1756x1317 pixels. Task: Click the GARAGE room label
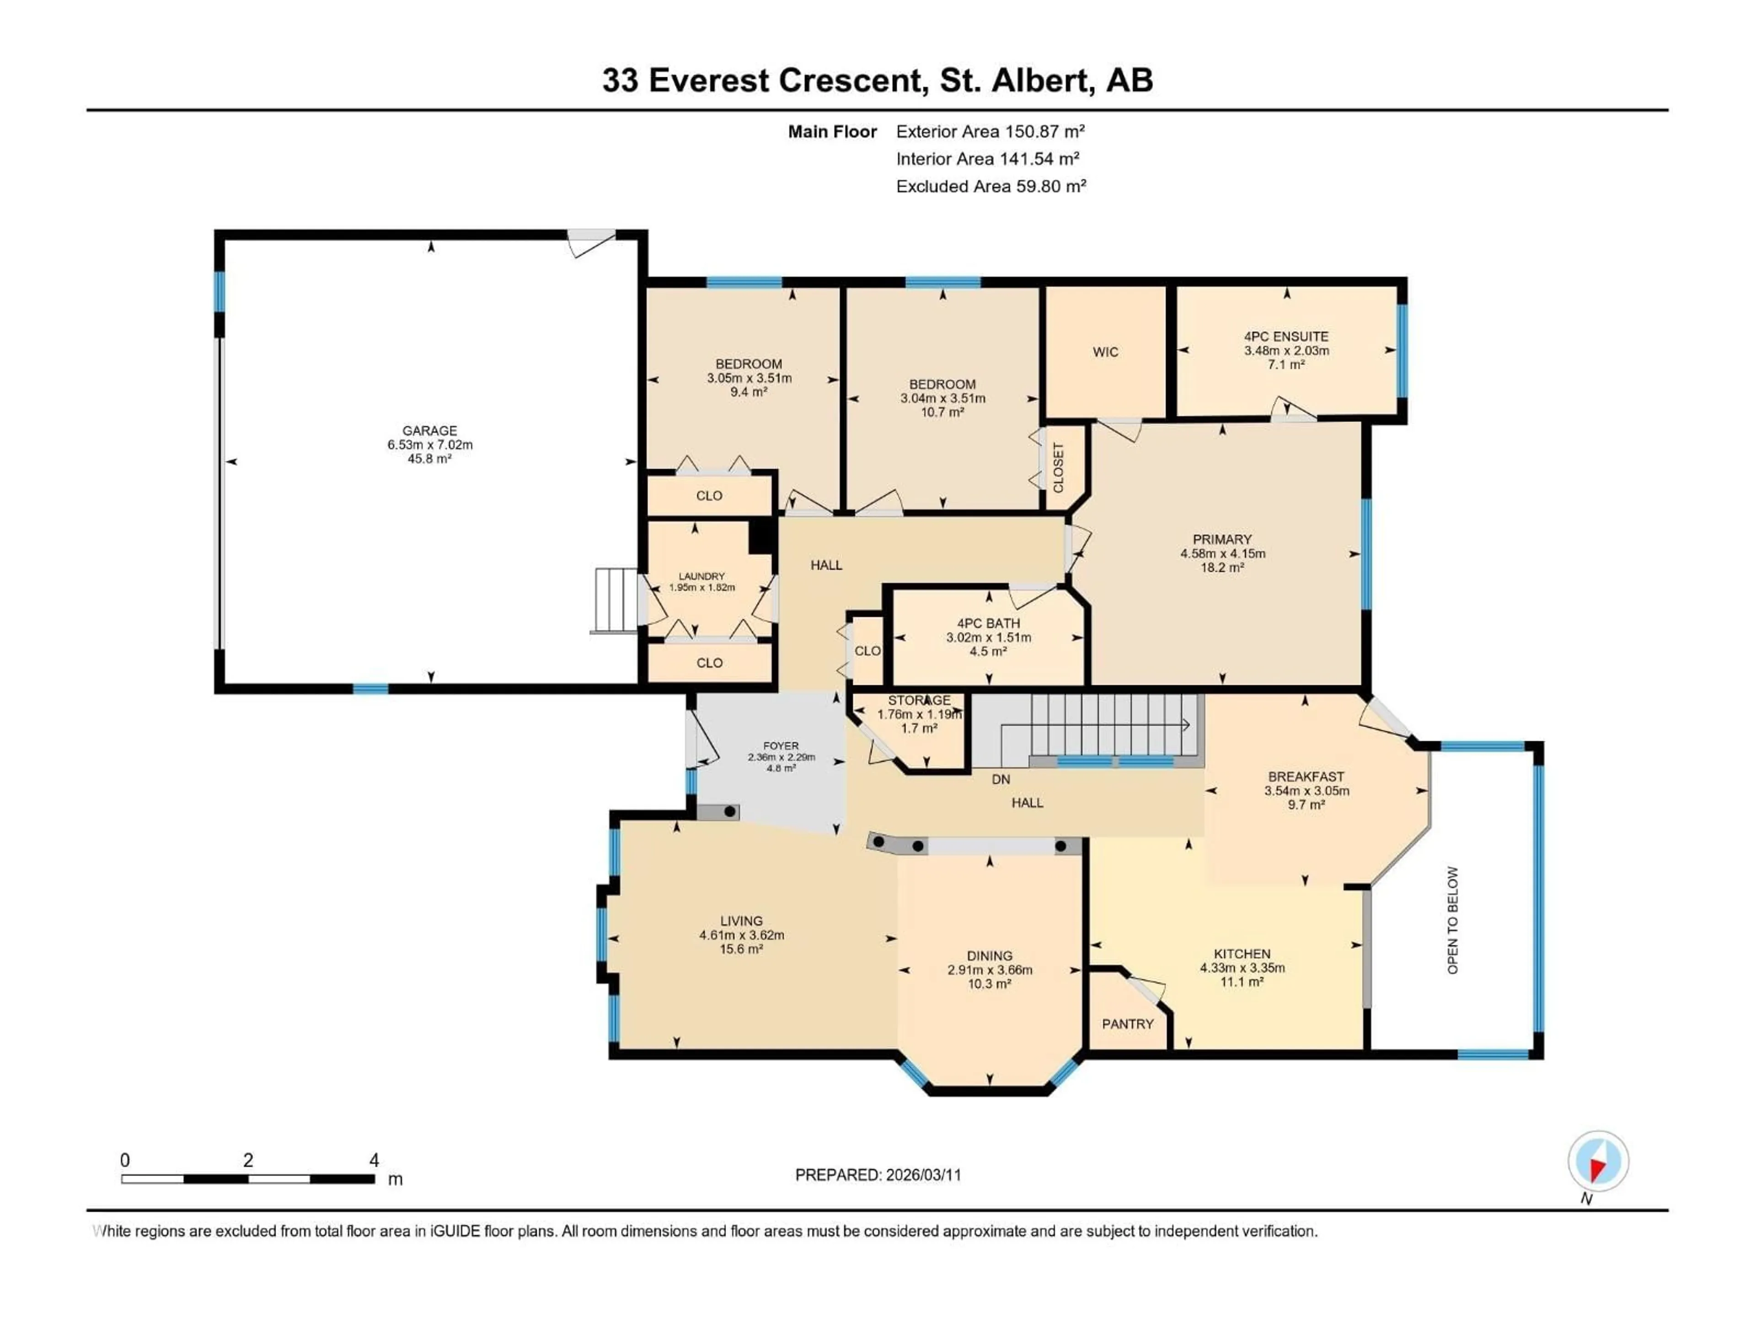click(x=429, y=430)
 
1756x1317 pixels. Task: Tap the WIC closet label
click(x=1105, y=352)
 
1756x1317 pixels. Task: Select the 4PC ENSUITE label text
click(x=1286, y=337)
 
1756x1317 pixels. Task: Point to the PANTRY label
click(x=1127, y=1024)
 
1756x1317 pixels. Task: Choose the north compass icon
click(x=1598, y=1162)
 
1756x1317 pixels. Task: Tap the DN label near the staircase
click(x=1001, y=780)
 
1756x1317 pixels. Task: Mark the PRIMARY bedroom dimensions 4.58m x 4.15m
click(x=1222, y=553)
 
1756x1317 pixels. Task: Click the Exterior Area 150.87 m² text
click(x=990, y=132)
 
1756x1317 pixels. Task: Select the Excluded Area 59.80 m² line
click(x=991, y=187)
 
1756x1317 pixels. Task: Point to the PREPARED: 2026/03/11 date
click(x=878, y=1175)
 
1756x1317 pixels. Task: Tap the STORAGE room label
click(x=919, y=700)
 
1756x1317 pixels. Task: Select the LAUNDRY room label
click(x=702, y=576)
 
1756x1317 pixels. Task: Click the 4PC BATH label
click(x=988, y=623)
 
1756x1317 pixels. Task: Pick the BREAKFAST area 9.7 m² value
click(x=1306, y=805)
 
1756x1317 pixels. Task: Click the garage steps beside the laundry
click(x=616, y=600)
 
